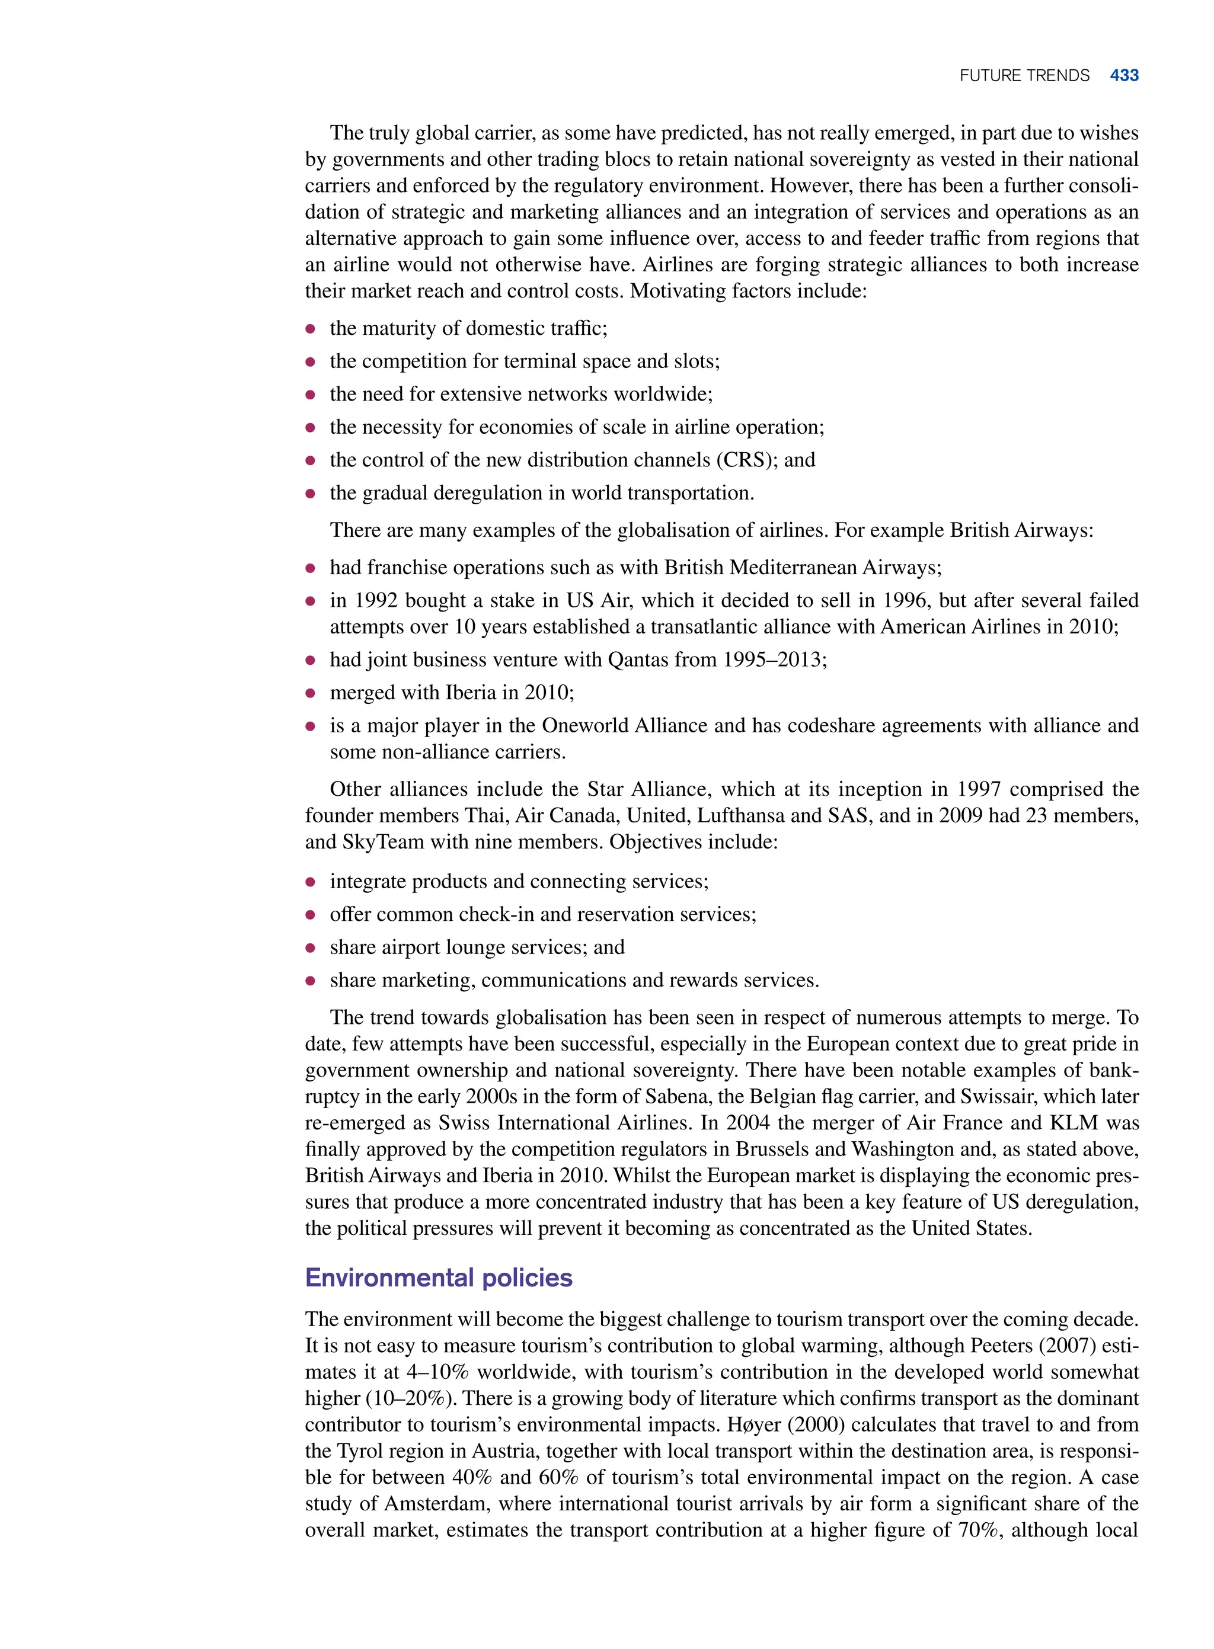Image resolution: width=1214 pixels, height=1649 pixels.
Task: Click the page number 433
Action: coord(1124,76)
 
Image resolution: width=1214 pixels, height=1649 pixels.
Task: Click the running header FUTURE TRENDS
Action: coord(1024,76)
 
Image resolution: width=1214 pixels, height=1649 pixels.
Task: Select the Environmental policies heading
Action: coord(439,1277)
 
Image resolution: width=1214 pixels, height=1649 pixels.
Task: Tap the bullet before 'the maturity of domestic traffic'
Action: coord(311,329)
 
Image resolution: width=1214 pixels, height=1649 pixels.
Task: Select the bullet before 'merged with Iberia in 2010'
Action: coord(311,693)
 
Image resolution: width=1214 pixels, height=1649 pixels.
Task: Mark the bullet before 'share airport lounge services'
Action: coord(311,948)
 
